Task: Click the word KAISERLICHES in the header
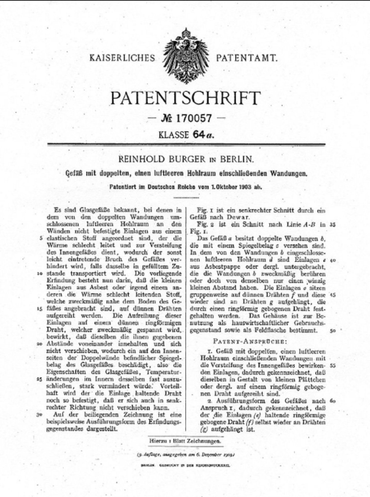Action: click(x=122, y=58)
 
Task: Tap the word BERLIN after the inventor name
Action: click(x=237, y=159)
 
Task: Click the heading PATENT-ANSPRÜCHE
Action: click(x=250, y=341)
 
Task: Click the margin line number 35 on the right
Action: click(x=332, y=224)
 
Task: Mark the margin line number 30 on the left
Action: click(x=39, y=415)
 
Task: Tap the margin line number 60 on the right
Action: click(x=332, y=401)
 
